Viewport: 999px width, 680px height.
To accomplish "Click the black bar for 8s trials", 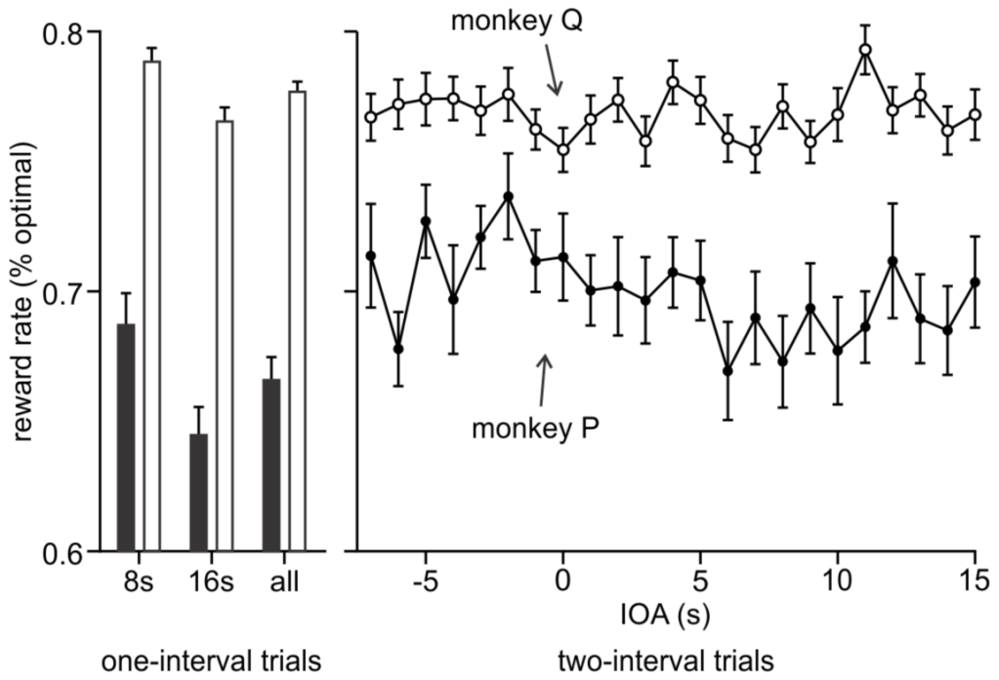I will (125, 437).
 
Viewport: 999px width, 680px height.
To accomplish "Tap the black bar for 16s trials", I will (198, 492).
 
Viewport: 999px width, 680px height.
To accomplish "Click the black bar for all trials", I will (271, 465).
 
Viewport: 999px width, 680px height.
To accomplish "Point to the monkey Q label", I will (518, 21).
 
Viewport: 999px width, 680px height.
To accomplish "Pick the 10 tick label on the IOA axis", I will (837, 579).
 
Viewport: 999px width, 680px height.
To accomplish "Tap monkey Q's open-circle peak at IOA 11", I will (865, 50).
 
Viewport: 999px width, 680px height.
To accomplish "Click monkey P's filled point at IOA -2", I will (508, 196).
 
